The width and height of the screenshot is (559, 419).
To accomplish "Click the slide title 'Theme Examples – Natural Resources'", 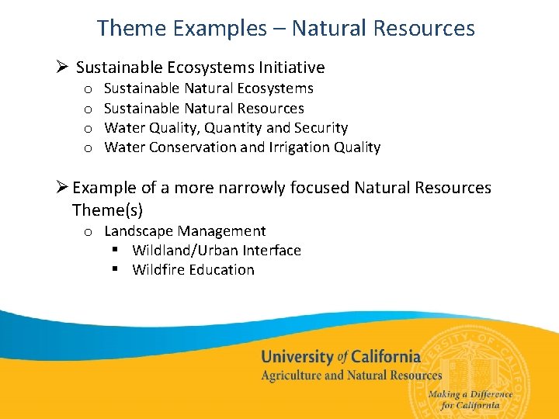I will tap(285, 29).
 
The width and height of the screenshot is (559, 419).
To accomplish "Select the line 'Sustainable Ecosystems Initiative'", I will tap(200, 68).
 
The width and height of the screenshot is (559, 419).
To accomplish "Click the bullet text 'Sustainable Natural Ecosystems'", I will tap(208, 88).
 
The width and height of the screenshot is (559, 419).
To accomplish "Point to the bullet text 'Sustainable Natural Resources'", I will tap(203, 108).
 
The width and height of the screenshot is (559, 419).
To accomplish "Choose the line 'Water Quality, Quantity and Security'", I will tap(225, 127).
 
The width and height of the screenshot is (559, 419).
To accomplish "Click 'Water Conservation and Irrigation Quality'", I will tap(242, 147).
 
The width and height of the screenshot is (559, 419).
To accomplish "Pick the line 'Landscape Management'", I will tap(185, 230).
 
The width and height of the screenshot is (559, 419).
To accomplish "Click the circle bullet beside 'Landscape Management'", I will tap(89, 231).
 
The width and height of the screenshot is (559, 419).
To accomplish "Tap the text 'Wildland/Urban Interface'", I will tap(217, 250).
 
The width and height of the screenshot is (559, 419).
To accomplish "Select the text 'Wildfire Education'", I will tap(193, 269).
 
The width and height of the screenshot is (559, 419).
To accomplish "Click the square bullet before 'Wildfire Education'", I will tap(114, 269).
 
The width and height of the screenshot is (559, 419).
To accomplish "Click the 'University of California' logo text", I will tap(340, 357).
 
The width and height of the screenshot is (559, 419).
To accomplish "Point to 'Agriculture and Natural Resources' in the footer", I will tap(351, 376).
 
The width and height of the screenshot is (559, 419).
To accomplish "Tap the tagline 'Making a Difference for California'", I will tap(470, 400).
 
